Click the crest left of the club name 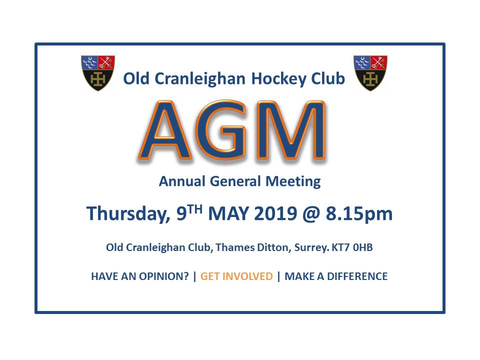pyautogui.click(x=98, y=73)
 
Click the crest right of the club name pyautogui.click(x=370, y=73)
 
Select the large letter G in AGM pyautogui.click(x=221, y=130)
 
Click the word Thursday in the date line pyautogui.click(x=128, y=213)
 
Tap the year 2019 pyautogui.click(x=275, y=213)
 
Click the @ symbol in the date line pyautogui.click(x=311, y=214)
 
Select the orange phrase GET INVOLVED pyautogui.click(x=236, y=276)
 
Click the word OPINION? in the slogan pyautogui.click(x=164, y=276)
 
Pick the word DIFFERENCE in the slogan pyautogui.click(x=357, y=276)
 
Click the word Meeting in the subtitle pyautogui.click(x=293, y=181)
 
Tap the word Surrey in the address pyautogui.click(x=312, y=247)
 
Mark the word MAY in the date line pyautogui.click(x=228, y=213)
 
